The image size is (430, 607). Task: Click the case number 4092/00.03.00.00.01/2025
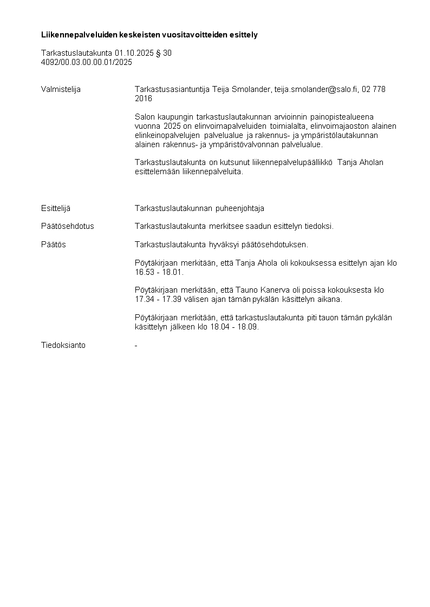[x=87, y=62]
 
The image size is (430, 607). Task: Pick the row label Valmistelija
[x=61, y=89]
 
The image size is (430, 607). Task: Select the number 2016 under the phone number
[x=144, y=98]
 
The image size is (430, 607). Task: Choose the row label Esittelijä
[x=56, y=208]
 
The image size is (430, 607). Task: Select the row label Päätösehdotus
[x=67, y=226]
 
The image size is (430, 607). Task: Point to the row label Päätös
[x=53, y=244]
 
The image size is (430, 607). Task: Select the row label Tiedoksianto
[x=63, y=345]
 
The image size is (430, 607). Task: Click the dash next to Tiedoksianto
[x=136, y=345]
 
